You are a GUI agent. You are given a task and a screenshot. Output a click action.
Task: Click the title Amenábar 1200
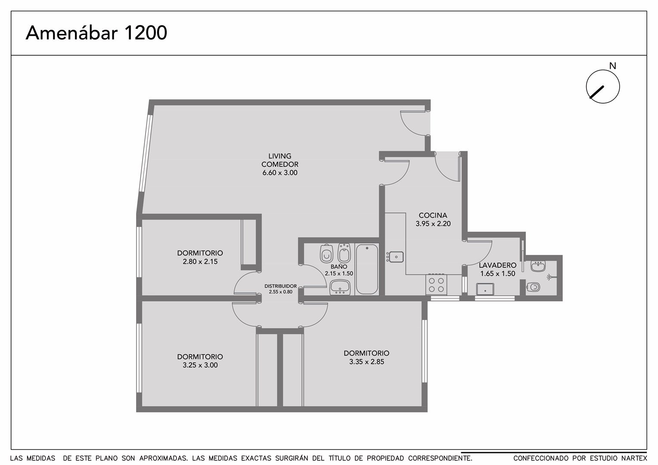[96, 33]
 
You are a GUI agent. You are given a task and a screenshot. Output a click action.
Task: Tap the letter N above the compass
[612, 66]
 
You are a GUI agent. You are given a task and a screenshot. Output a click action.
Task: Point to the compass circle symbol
[603, 87]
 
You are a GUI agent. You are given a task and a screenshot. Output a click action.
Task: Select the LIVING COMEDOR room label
[279, 160]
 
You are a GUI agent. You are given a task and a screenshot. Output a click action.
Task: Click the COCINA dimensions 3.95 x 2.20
[433, 223]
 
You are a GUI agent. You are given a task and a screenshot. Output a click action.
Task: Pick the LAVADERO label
[498, 265]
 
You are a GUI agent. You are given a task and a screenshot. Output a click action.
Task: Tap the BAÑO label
[339, 267]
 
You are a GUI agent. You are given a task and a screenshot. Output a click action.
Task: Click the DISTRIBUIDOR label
[280, 286]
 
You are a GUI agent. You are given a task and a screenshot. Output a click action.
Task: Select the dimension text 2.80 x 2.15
[200, 261]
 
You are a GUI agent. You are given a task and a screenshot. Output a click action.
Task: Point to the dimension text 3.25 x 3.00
[200, 365]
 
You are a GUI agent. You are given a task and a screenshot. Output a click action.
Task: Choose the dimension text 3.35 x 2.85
[366, 362]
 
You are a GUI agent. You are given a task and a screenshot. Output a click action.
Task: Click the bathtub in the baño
[367, 269]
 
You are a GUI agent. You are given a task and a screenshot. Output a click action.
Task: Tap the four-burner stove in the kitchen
[436, 285]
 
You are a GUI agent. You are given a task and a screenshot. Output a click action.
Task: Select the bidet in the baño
[344, 253]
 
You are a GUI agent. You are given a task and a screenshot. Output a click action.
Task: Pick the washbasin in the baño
[340, 287]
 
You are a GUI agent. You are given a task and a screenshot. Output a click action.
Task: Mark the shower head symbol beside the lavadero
[550, 277]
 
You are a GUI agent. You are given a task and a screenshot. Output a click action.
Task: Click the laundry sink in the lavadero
[485, 289]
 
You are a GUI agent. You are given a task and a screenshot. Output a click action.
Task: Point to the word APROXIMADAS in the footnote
[164, 458]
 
